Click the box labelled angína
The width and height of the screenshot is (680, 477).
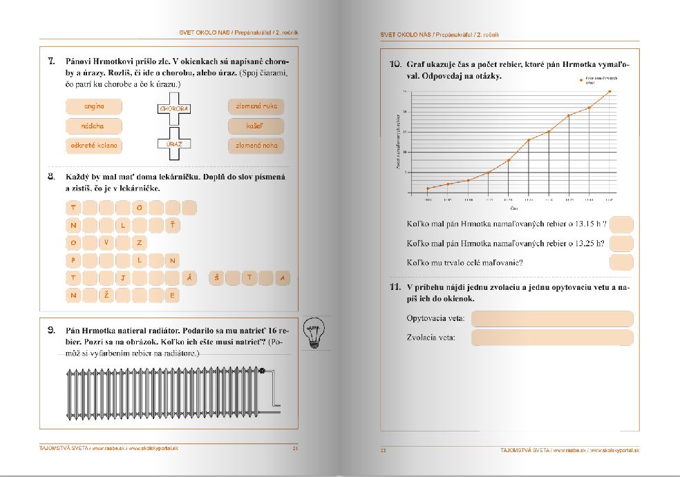coord(93,107)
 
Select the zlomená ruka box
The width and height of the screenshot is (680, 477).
coord(256,107)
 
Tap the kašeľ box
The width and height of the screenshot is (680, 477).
coord(256,126)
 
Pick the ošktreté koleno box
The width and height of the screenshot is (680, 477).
coord(93,146)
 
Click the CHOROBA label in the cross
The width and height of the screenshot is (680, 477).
coord(174,108)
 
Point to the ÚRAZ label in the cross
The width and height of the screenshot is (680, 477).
coord(174,144)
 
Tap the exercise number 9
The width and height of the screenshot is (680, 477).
coord(50,329)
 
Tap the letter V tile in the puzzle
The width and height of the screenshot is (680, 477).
coord(106,242)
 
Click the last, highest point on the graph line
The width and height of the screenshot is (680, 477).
coord(610,91)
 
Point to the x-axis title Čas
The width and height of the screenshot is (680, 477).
coord(514,207)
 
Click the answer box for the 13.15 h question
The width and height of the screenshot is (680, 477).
coord(621,225)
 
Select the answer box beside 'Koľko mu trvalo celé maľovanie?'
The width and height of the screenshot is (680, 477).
coord(621,262)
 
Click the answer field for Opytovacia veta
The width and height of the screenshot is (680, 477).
coord(551,319)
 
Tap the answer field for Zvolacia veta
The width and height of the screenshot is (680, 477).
coord(551,338)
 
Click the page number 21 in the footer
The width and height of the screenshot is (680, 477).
coord(295,449)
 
